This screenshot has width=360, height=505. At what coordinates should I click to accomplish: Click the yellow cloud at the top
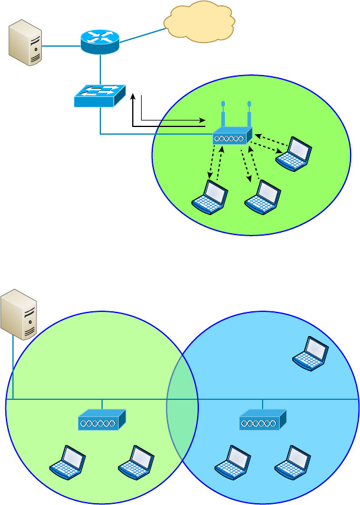199,22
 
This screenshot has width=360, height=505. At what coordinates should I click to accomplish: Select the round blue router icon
100,41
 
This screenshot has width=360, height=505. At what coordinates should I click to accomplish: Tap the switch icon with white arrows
100,96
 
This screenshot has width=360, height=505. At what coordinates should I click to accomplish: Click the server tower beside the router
25,43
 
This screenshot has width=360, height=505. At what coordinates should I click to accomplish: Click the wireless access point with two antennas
233,135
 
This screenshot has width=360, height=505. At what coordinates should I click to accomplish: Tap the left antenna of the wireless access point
223,113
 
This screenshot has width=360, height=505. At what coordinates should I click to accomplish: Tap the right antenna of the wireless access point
250,113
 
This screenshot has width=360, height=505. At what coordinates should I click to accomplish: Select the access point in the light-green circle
102,419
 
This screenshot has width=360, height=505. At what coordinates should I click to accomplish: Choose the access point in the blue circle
263,419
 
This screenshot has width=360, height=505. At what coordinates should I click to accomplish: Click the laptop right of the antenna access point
293,154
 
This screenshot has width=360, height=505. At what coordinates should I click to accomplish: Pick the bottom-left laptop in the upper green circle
210,197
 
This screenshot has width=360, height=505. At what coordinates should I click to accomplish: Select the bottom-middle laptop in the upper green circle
263,197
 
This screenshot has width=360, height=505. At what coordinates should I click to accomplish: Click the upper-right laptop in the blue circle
310,353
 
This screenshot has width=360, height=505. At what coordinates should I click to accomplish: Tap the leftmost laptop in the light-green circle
67,462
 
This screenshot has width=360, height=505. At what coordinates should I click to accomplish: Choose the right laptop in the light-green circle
136,462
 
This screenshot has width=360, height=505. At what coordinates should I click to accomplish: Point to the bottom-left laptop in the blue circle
233,462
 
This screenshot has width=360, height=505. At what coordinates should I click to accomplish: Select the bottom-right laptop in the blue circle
293,462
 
